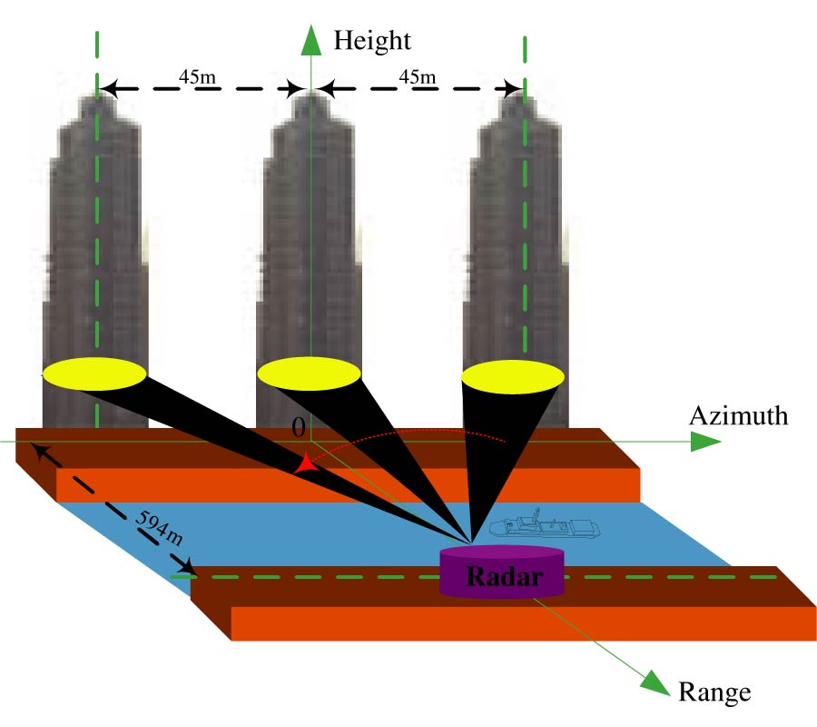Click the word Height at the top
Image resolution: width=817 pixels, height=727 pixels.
click(372, 40)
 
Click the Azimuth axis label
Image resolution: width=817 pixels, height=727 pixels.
click(738, 416)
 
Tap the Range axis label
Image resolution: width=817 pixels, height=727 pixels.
click(714, 692)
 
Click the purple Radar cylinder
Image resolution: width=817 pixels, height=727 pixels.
click(501, 573)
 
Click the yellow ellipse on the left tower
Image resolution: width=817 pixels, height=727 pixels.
click(94, 373)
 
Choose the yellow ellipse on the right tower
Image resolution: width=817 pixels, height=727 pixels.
click(514, 377)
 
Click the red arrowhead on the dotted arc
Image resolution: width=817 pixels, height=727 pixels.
click(306, 464)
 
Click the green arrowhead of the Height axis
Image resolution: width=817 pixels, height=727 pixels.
click(310, 38)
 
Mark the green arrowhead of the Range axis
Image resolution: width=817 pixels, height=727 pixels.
click(655, 682)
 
